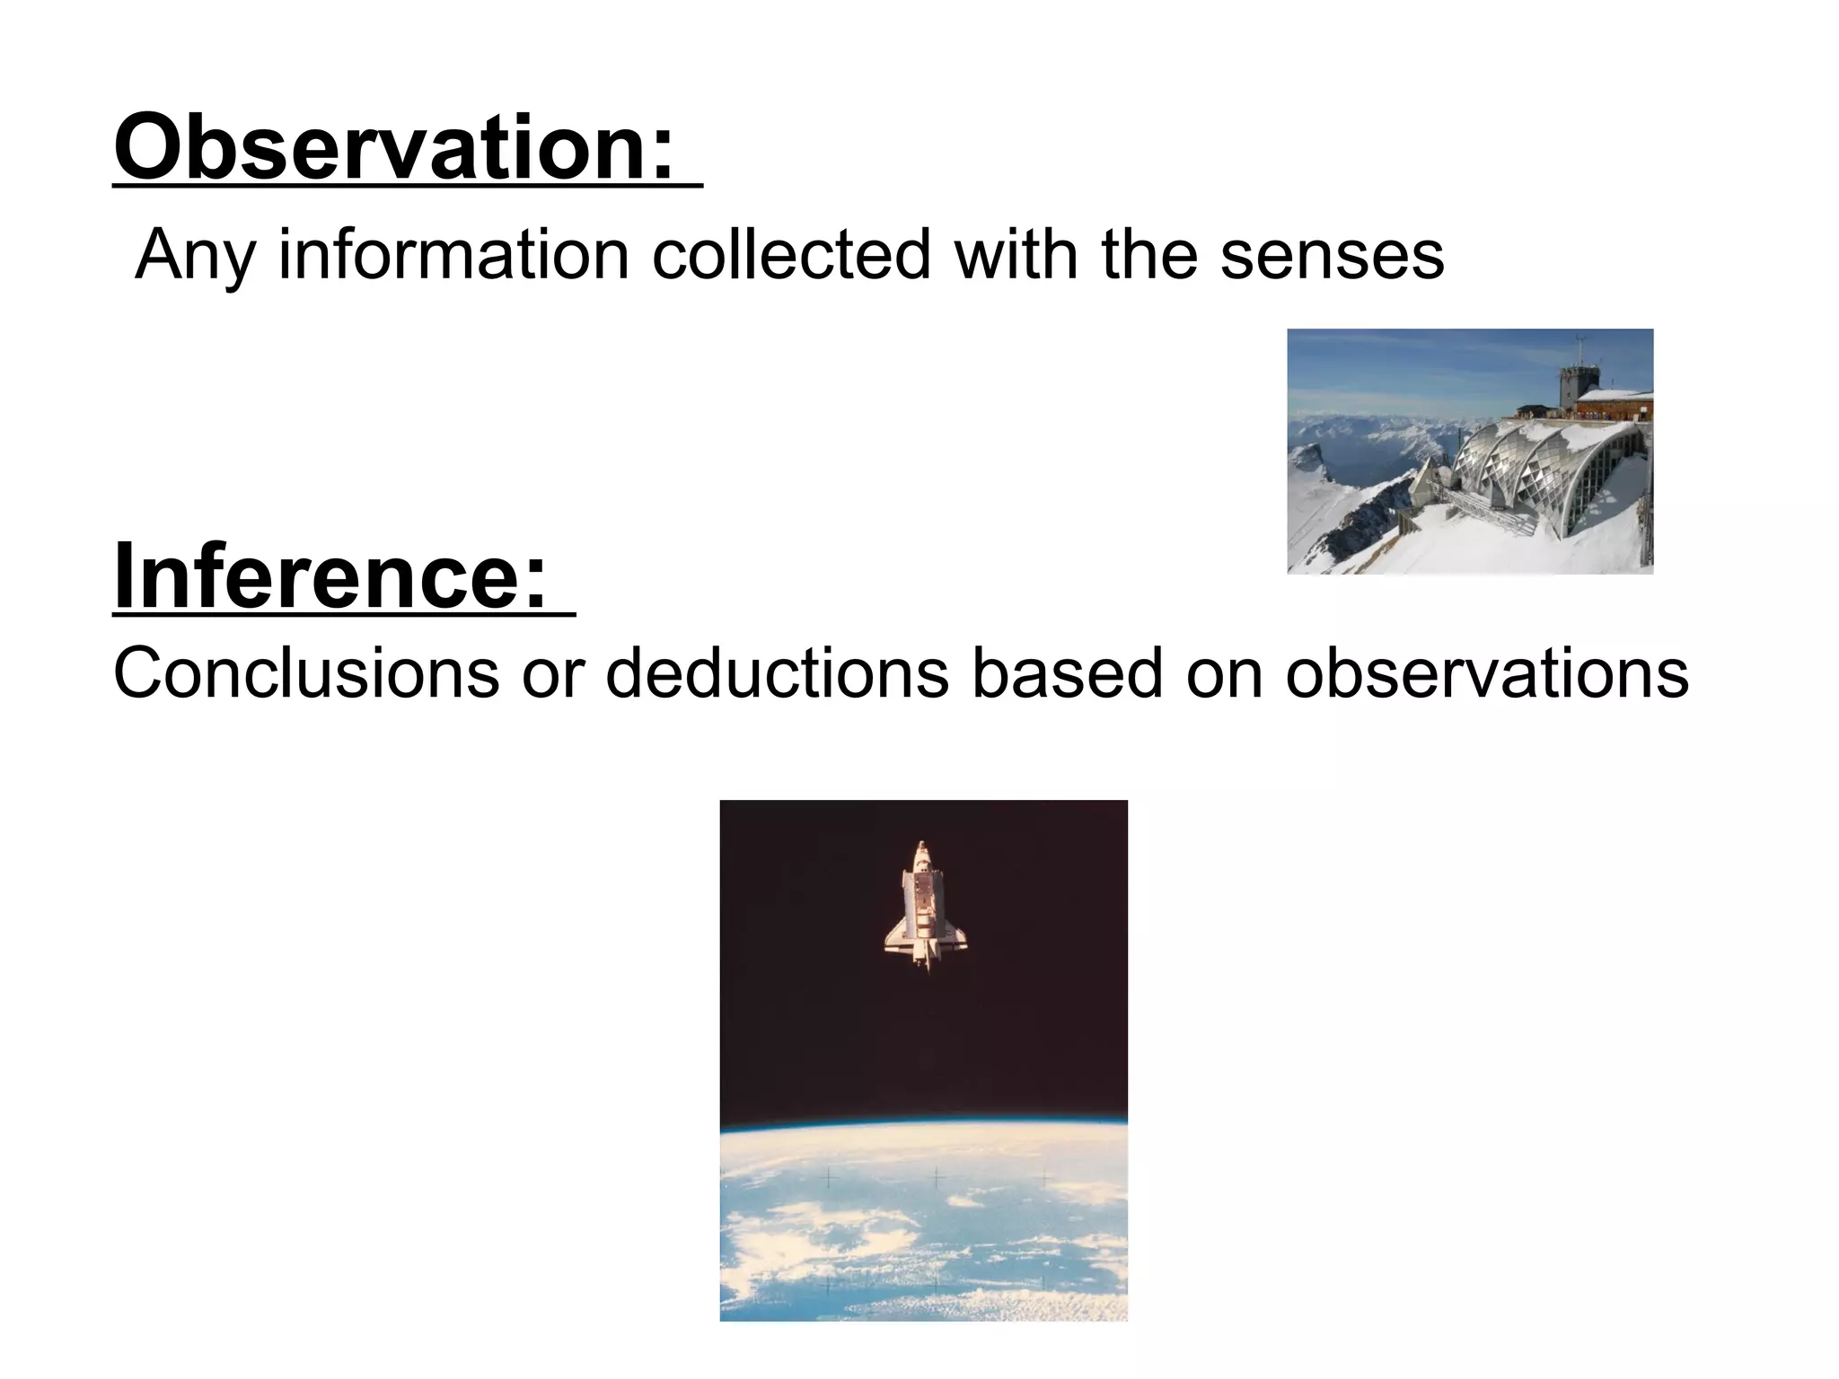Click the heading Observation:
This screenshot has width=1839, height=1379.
pos(393,148)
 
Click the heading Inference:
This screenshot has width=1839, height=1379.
pos(330,576)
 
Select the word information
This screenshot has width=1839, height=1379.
pos(453,256)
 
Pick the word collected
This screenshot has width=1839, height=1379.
pos(791,256)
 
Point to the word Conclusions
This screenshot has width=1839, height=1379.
pos(305,673)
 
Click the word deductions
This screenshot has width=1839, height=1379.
pos(777,673)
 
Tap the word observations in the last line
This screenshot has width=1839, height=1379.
pos(1486,673)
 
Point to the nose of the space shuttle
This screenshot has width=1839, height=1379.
pos(922,848)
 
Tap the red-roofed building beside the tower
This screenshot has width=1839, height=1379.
pos(1617,405)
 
